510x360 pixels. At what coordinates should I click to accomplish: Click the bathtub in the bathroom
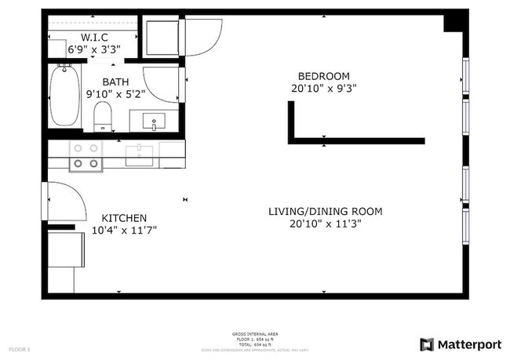tap(64, 96)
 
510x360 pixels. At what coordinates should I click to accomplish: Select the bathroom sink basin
tap(154, 122)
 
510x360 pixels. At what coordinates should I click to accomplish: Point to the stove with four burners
tap(86, 155)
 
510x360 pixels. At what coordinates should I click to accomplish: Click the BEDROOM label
tap(322, 76)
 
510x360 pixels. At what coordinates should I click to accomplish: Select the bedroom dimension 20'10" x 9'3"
tap(322, 89)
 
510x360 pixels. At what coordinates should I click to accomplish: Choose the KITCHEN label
tap(125, 217)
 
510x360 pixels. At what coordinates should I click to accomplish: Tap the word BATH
tap(115, 81)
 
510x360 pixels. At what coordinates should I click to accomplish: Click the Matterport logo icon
tap(427, 344)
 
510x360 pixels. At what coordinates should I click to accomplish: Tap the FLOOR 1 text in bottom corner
tap(19, 347)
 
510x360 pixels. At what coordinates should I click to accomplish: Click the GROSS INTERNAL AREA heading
tap(255, 333)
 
